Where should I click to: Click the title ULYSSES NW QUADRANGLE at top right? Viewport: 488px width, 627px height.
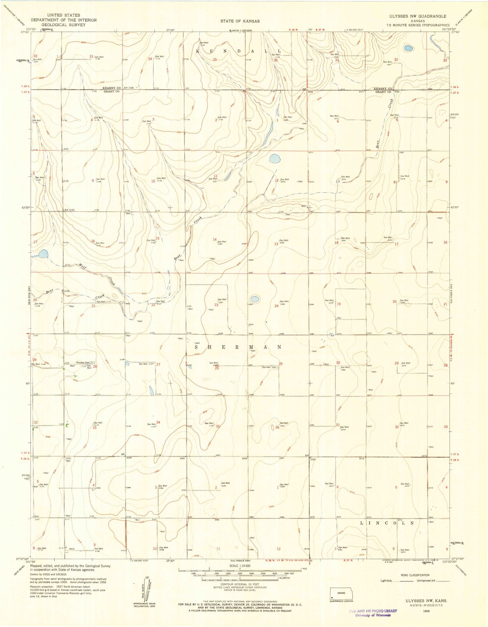427,16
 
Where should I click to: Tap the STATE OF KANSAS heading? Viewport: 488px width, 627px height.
240,21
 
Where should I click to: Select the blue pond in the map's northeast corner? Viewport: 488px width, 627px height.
408,48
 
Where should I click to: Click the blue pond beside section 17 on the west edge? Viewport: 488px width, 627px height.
43,254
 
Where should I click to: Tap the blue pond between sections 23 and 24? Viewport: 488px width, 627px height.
255,299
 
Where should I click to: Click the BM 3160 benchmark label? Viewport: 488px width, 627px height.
71,210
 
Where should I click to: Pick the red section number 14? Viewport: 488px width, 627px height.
214,240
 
